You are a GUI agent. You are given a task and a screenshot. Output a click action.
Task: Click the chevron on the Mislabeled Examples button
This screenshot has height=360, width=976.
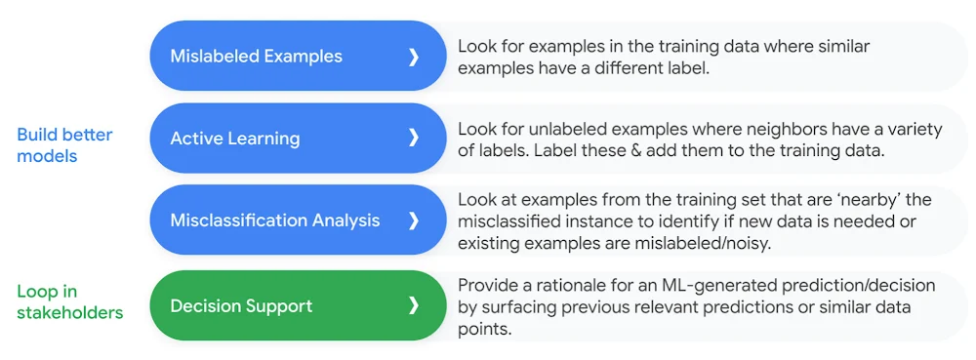(x=413, y=57)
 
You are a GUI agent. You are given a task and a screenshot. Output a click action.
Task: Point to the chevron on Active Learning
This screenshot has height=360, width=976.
(x=413, y=139)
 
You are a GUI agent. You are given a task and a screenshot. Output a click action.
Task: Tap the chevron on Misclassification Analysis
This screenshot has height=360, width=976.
(x=413, y=220)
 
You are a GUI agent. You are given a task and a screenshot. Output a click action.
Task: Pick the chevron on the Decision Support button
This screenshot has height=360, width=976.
(x=413, y=306)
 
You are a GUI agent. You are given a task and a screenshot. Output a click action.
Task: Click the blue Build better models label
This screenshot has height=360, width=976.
(x=64, y=145)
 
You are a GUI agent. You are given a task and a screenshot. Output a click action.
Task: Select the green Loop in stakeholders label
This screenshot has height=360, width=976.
(x=69, y=301)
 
